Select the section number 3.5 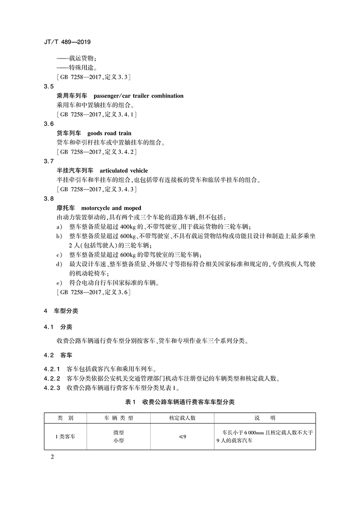(49, 86)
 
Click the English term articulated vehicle (123, 171)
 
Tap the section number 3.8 (49, 199)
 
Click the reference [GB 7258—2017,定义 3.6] (93, 293)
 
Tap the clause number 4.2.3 (52, 388)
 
